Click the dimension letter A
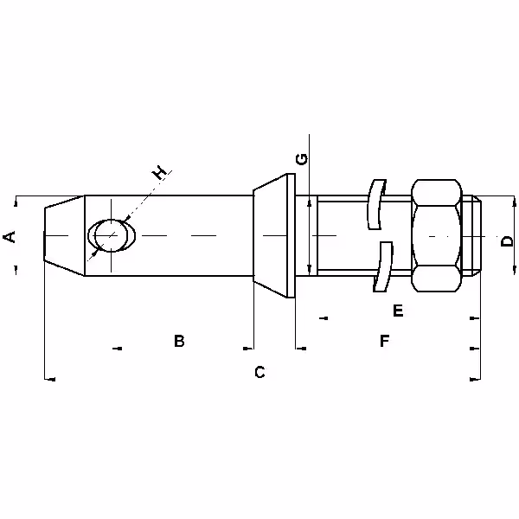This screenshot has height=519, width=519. [x=10, y=237]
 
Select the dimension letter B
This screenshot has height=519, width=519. [x=179, y=341]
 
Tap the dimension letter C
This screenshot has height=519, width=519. [x=259, y=372]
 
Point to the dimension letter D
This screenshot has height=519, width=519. [x=507, y=240]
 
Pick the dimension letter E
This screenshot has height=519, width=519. [x=398, y=311]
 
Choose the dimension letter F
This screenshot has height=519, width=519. [x=384, y=341]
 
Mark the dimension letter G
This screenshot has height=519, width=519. [x=302, y=159]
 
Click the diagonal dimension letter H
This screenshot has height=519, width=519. [x=159, y=172]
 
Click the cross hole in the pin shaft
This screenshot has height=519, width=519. [x=112, y=235]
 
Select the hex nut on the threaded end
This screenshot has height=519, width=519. [x=437, y=235]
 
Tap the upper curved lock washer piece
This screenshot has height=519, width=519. [x=377, y=204]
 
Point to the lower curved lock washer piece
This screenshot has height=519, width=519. [x=383, y=266]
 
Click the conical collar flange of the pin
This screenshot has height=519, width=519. [x=274, y=235]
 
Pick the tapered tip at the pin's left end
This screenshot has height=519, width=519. [x=64, y=235]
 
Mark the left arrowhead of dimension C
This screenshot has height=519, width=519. [x=49, y=380]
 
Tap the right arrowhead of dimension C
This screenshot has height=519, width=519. [x=475, y=380]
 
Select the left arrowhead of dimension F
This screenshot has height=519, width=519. [x=301, y=349]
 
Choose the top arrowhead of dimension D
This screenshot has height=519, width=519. [x=514, y=202]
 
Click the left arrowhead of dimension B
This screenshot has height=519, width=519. [x=117, y=349]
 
